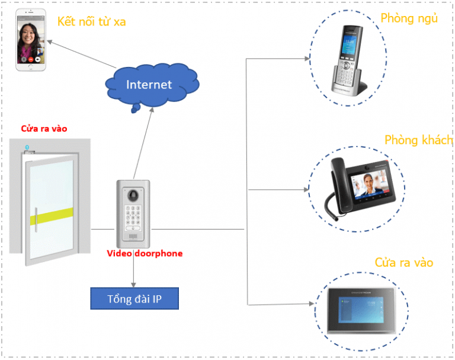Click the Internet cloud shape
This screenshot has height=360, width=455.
149,84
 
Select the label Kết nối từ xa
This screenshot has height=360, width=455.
91,22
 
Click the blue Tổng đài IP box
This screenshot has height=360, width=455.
134,298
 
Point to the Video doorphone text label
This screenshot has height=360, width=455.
145,253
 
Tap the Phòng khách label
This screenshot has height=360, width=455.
418,141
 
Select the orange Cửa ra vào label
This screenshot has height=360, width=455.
403,263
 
